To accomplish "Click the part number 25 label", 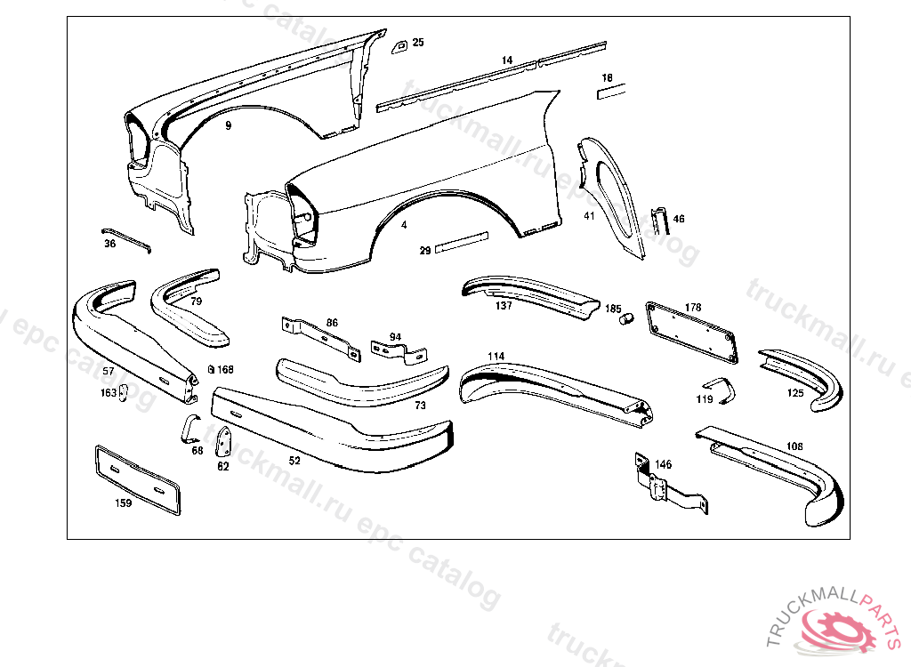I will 418,42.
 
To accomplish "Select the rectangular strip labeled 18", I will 611,91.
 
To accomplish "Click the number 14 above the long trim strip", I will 507,60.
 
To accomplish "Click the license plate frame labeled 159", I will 137,478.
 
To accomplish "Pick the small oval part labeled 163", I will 125,392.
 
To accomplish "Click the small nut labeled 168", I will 210,369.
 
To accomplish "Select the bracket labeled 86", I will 320,338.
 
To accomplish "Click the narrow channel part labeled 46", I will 659,220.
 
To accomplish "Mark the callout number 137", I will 504,306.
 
